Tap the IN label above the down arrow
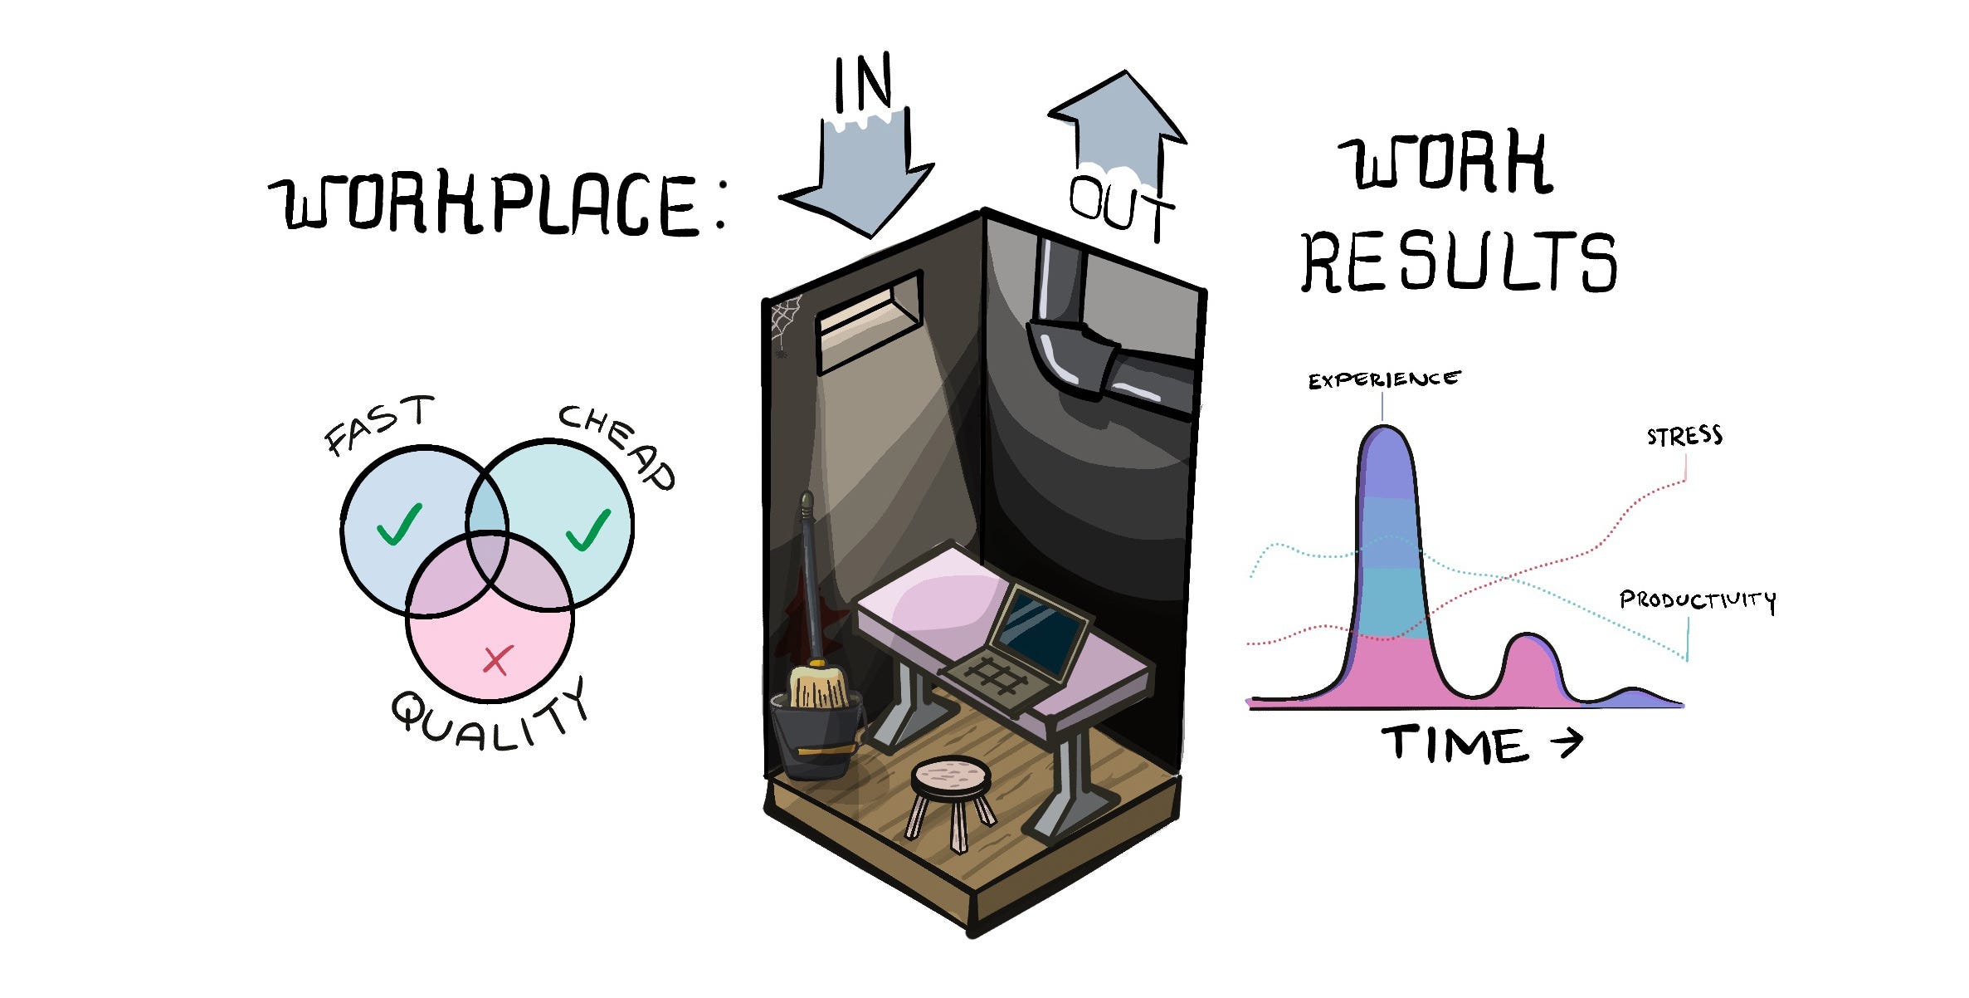pos(863,82)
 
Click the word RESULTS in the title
pos(1459,262)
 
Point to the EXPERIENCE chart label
pos(1383,380)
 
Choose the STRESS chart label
pos(1684,437)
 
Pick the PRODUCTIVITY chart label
pos(1697,599)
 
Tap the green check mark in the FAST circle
pos(399,524)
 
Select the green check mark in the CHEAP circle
pos(588,528)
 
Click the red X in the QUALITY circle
pos(497,661)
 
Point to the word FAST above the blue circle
pos(378,423)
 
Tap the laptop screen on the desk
pos(1041,630)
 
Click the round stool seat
pos(951,776)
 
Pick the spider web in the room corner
pos(784,320)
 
